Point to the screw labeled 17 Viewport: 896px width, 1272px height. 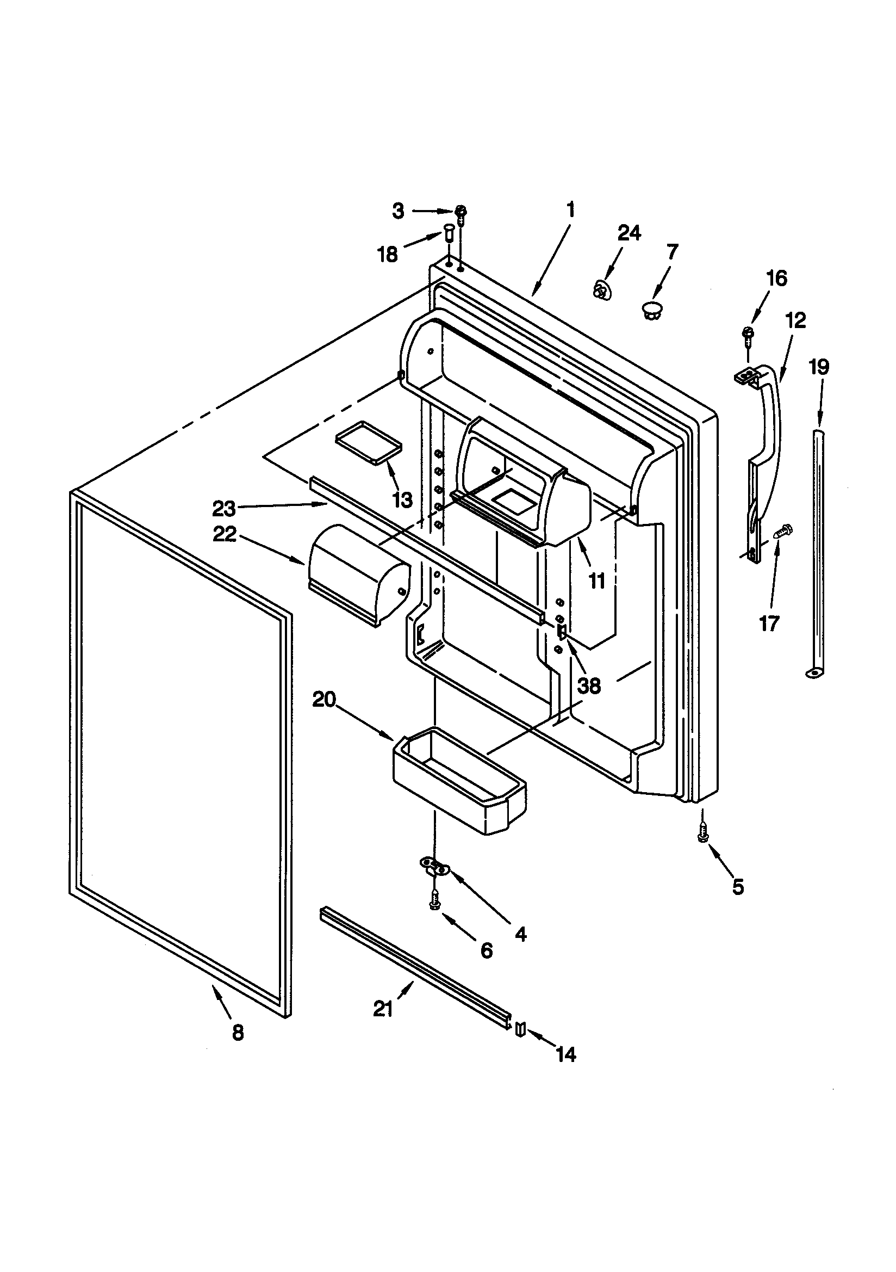point(782,532)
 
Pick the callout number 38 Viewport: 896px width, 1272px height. point(589,686)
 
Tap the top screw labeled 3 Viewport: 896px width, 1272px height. point(461,212)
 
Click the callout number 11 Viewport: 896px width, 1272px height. point(597,581)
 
